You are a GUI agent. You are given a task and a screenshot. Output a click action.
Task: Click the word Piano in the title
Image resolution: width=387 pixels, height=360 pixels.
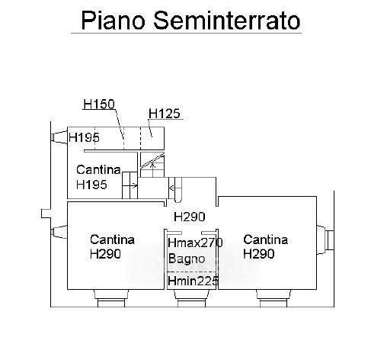point(114,21)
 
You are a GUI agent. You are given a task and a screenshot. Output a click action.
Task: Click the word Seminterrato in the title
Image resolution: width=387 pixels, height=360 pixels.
point(227,21)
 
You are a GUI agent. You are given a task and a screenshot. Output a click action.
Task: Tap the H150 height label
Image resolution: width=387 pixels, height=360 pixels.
point(99,104)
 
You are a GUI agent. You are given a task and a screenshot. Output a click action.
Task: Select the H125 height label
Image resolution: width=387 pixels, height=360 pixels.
point(165,114)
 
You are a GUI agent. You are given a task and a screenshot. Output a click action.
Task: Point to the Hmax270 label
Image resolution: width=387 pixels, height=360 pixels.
point(195,243)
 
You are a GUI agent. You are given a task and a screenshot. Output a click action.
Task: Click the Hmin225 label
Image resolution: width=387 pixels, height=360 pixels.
point(193,281)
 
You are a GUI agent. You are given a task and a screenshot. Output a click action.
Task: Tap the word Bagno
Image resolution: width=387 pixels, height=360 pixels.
point(187,259)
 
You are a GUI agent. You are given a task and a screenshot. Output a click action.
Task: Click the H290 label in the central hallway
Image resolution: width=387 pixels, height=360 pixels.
point(190,217)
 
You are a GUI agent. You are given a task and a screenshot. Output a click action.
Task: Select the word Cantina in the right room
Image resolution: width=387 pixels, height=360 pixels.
point(265,239)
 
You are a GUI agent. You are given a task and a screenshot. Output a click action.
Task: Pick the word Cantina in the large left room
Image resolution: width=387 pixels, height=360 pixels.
point(112,239)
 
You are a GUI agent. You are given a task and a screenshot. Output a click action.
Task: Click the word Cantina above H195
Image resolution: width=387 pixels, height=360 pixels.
point(98,170)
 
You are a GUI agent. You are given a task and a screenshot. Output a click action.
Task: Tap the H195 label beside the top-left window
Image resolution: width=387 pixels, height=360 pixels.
point(84,137)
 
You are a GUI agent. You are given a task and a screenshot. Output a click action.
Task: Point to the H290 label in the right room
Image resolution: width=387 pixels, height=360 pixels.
point(259,254)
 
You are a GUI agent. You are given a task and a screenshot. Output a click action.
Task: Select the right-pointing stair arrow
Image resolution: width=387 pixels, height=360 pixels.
point(130,186)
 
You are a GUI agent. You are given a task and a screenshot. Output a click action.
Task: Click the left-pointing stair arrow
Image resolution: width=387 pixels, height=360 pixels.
point(175,188)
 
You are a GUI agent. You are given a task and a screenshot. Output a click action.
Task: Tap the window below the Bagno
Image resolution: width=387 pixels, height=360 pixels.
point(191,298)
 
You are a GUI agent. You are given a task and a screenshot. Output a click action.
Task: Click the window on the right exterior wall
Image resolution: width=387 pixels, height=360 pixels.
point(325,240)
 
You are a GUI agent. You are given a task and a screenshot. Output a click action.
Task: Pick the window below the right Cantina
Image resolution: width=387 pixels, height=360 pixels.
point(273,298)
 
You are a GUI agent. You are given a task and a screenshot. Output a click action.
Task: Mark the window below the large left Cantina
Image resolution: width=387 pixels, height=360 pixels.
point(111,298)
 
